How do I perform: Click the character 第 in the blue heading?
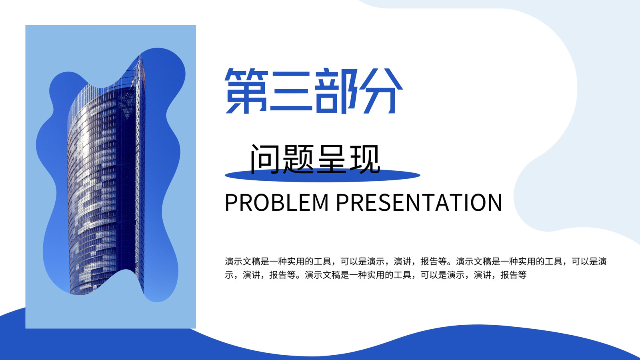246,91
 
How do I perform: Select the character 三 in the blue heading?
290,91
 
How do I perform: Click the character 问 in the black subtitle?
265,159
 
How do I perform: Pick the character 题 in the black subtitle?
298,159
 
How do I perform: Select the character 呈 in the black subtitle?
332,159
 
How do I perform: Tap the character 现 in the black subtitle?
365,159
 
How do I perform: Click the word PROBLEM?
276,202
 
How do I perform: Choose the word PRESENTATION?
419,202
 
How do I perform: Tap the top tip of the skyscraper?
140,55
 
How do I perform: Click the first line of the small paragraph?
416,261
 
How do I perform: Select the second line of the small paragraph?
376,275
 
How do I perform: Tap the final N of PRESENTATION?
494,202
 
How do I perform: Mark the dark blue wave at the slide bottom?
320,347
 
